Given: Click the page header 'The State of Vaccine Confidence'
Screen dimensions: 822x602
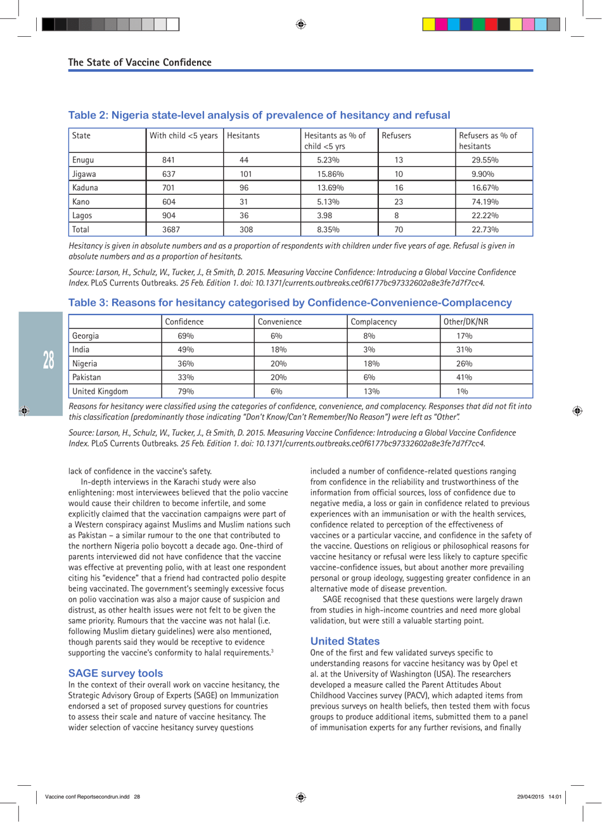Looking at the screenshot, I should tap(139, 62).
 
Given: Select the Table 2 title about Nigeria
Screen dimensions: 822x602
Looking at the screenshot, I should tap(259, 115).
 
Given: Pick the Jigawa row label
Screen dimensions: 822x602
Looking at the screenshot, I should tap(84, 174).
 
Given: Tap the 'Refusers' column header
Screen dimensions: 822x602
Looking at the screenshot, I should tap(396, 136).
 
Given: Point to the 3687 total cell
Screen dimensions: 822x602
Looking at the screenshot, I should tap(171, 230).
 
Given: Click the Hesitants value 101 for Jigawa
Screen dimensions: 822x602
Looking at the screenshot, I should tap(247, 174).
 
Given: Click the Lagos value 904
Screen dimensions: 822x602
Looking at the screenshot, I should tap(169, 216).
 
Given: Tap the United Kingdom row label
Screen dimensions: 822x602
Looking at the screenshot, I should tap(100, 391).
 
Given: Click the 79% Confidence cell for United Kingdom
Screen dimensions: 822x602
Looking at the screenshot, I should tap(185, 391).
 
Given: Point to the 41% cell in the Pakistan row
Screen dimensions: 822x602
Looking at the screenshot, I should tap(464, 377).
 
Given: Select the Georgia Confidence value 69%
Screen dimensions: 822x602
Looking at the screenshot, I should tap(185, 336).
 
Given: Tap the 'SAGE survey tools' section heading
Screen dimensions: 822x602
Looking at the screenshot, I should tap(115, 673).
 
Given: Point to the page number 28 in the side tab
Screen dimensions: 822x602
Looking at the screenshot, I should tap(49, 360).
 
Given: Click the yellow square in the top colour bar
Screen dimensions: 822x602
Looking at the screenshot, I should tap(429, 25).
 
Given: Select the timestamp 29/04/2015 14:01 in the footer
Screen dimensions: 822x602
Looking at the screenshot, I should tap(539, 797).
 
